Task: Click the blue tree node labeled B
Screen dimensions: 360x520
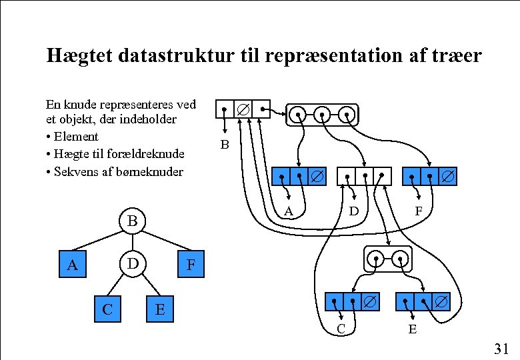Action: (x=132, y=220)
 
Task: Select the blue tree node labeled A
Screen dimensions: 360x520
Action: (x=73, y=265)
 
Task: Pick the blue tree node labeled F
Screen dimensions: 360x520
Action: (x=191, y=265)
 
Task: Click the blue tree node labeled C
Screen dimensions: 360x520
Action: (x=107, y=309)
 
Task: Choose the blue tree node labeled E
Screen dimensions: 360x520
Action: (x=159, y=309)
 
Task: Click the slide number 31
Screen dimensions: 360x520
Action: (x=501, y=348)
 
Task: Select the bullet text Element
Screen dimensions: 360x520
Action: (x=76, y=137)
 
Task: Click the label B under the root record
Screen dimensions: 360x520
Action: (x=225, y=144)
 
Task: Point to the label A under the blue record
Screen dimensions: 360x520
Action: (x=289, y=211)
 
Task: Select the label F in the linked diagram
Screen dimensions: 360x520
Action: (x=418, y=211)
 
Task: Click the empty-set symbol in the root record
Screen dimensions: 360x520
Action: (x=243, y=108)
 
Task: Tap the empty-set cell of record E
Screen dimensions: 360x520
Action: (x=441, y=302)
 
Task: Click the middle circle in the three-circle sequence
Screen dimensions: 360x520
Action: (x=322, y=114)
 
